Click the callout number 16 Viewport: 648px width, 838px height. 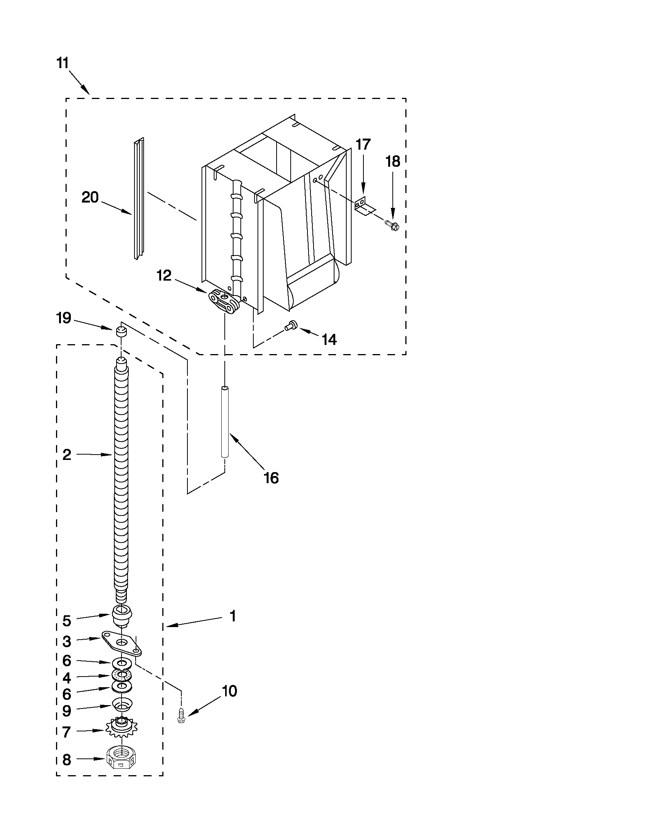point(271,478)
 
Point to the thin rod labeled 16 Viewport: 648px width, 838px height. point(225,422)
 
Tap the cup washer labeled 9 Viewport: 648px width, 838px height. point(122,704)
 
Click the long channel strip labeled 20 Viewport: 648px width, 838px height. point(138,200)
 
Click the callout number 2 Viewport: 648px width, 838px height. point(67,455)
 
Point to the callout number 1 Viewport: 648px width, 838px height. point(232,616)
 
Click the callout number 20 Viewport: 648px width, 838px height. point(90,197)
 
